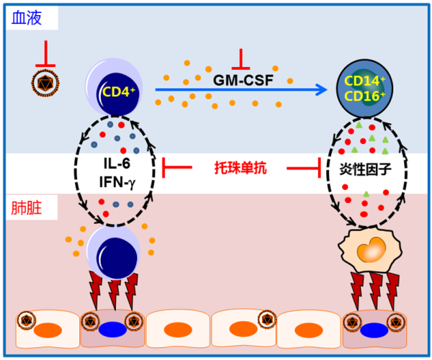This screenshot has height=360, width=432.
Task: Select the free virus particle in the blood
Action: click(46, 84)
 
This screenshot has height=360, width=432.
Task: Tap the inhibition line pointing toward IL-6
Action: click(177, 168)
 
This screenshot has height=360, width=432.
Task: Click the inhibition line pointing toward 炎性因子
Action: click(303, 168)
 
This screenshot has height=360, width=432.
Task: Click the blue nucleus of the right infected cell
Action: click(372, 330)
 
